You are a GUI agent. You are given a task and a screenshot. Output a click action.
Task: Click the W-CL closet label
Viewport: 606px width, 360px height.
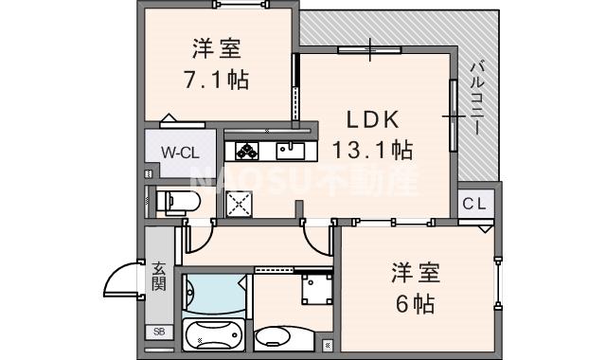179,153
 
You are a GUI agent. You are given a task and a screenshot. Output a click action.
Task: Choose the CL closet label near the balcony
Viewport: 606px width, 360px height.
475,204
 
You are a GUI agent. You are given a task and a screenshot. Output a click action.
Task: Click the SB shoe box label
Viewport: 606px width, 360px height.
158,333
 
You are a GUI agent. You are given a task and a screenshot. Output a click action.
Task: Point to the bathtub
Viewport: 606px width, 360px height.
215,336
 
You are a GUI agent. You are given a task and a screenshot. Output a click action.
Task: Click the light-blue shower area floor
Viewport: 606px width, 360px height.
215,296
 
